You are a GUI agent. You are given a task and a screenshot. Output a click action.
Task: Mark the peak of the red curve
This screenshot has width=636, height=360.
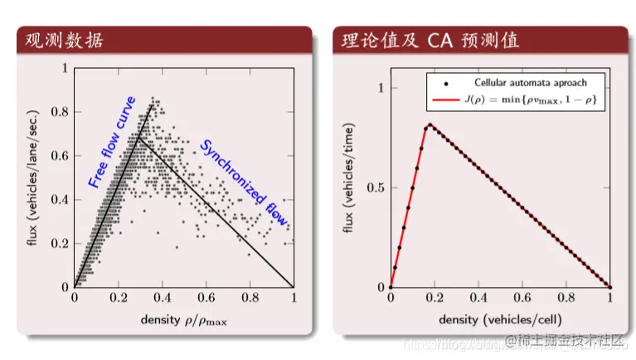pos(429,125)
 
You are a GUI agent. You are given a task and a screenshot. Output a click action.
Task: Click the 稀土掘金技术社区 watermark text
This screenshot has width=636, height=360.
pos(572,340)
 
